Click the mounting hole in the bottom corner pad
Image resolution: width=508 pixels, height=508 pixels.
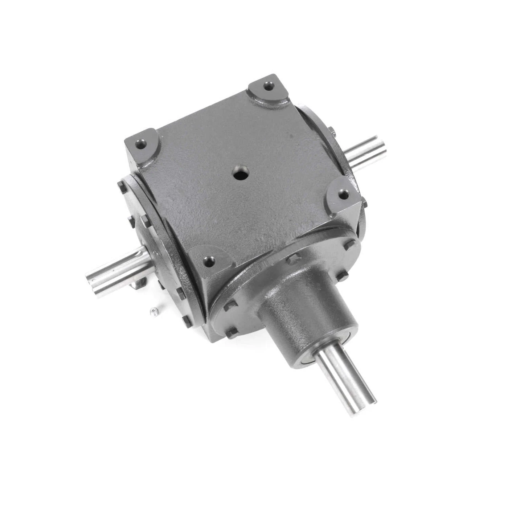tap(208, 260)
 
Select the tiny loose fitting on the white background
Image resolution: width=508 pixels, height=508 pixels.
tap(155, 310)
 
